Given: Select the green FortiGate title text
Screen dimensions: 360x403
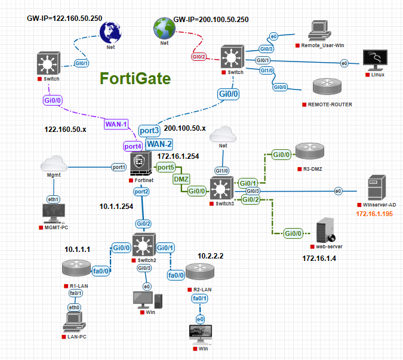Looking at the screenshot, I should point(135,79).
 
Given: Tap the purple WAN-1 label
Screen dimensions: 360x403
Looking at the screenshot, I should point(117,124).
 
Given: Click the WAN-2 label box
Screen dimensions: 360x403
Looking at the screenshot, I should point(159,144).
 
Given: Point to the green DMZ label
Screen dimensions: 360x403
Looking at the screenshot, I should point(181,179).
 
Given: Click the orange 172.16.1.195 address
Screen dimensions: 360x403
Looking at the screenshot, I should point(376,213).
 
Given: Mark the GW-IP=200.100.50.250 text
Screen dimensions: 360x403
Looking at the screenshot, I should point(210,20).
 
